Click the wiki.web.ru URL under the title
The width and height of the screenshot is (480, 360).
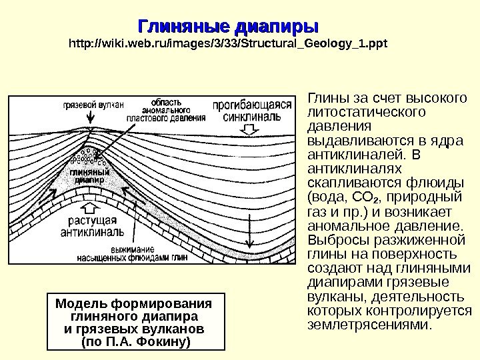click(228, 45)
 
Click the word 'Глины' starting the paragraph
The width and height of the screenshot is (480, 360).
click(322, 99)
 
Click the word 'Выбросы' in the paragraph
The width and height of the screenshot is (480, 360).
click(335, 241)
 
